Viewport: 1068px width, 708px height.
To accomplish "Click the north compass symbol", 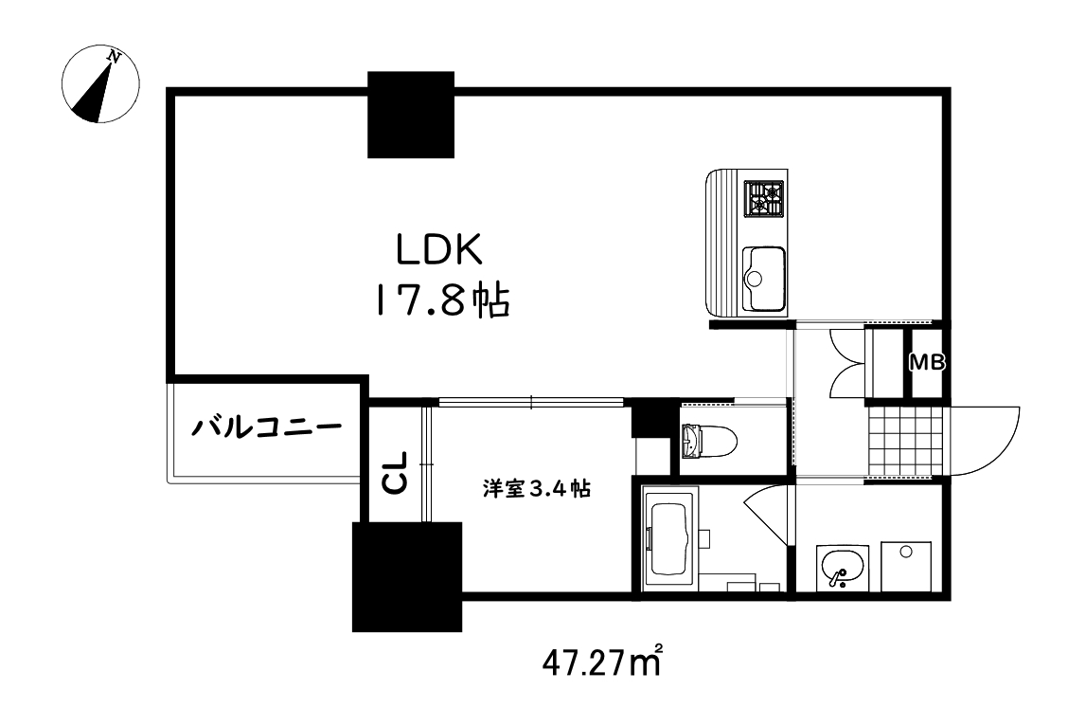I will (99, 86).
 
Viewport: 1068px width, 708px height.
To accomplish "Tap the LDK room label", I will (439, 251).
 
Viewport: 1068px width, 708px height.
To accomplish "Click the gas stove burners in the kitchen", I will (765, 199).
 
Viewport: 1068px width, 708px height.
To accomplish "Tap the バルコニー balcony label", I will (267, 427).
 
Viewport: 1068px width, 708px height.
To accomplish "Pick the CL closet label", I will (395, 471).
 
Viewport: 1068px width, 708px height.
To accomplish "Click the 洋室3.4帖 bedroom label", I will (537, 489).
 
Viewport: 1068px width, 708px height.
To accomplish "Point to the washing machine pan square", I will (907, 566).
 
